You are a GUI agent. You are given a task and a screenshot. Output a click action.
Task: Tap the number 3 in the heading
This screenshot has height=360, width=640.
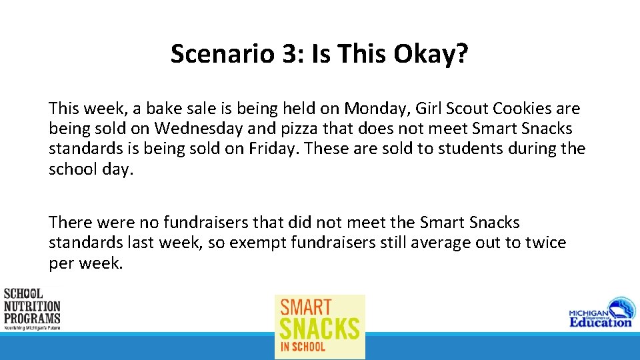[x=291, y=54]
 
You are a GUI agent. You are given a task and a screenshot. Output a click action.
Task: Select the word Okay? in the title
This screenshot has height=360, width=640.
[x=431, y=54]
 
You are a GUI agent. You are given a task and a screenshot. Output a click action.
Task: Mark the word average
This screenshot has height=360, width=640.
[x=441, y=243]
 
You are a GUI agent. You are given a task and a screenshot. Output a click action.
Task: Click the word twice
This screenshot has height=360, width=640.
[x=541, y=243]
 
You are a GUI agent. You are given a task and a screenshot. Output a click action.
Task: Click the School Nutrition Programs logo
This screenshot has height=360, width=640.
[x=32, y=309]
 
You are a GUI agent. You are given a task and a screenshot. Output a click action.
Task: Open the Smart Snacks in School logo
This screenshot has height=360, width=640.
[x=320, y=326]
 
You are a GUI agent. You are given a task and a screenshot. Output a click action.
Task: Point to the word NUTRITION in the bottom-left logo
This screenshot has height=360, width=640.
[x=32, y=306]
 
